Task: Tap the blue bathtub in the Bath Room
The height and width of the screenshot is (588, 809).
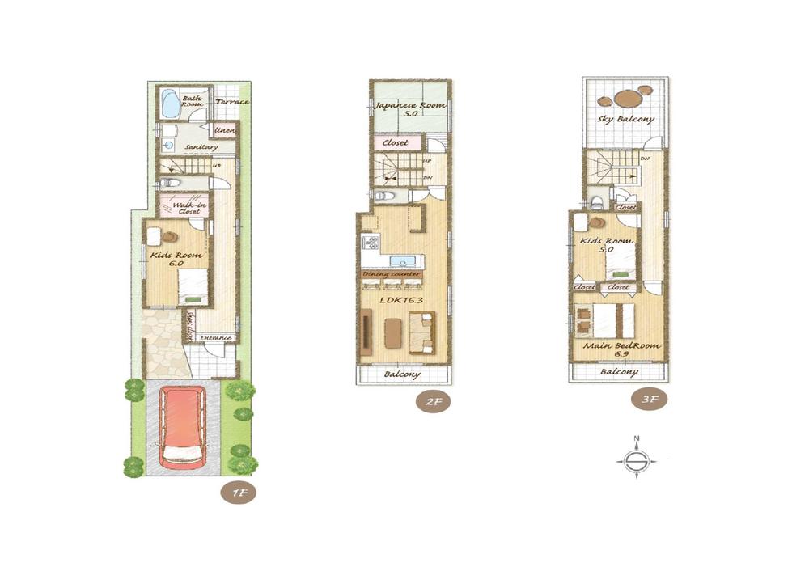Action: (x=171, y=104)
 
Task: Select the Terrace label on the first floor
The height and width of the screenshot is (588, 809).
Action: (x=232, y=102)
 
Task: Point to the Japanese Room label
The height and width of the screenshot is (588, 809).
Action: (x=409, y=108)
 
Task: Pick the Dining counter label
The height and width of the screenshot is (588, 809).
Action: (x=392, y=275)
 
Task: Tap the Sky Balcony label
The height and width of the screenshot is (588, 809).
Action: (x=625, y=119)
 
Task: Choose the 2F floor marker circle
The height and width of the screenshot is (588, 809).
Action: (x=433, y=401)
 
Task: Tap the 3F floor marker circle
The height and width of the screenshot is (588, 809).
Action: (x=650, y=398)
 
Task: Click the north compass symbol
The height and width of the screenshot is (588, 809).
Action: (x=637, y=459)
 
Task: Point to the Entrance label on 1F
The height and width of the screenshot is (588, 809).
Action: (x=216, y=337)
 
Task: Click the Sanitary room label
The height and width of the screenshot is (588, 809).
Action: (x=201, y=147)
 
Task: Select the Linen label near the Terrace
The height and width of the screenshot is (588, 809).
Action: (x=224, y=130)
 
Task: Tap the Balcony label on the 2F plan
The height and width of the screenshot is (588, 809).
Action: (x=402, y=374)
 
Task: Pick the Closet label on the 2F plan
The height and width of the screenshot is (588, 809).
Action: (x=396, y=143)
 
